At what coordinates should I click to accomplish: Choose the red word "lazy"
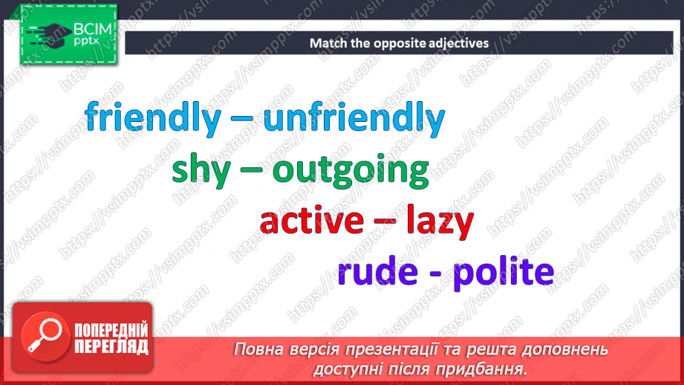click(440, 221)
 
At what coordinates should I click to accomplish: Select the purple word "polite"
click(503, 272)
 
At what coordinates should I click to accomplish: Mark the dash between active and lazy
click(385, 223)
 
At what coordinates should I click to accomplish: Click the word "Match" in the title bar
click(328, 43)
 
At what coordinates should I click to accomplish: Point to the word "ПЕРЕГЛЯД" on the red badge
click(111, 346)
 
